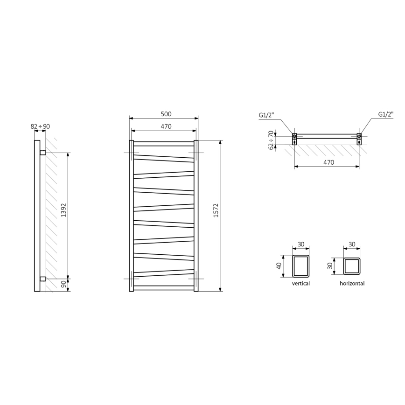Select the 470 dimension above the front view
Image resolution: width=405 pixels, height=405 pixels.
pyautogui.click(x=166, y=126)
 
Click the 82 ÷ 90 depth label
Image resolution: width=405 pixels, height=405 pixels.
pyautogui.click(x=40, y=126)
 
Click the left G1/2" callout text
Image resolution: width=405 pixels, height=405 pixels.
pyautogui.click(x=266, y=114)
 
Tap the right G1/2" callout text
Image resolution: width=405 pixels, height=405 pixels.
pyautogui.click(x=386, y=114)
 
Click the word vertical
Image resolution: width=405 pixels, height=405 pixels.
pyautogui.click(x=301, y=283)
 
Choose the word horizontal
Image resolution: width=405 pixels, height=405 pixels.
pyautogui.click(x=352, y=283)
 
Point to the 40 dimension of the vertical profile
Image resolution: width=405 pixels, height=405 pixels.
pyautogui.click(x=279, y=265)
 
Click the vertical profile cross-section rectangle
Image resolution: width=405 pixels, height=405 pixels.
pyautogui.click(x=301, y=265)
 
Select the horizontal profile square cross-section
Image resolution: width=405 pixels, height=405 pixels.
pyautogui.click(x=352, y=266)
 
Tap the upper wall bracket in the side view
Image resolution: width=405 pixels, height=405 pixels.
pyautogui.click(x=43, y=152)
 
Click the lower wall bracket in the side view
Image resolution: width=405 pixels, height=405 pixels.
pyautogui.click(x=43, y=279)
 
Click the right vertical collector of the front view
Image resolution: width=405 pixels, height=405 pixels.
pyautogui.click(x=196, y=216)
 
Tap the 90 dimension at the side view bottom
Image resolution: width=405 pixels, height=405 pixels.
pyautogui.click(x=63, y=284)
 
